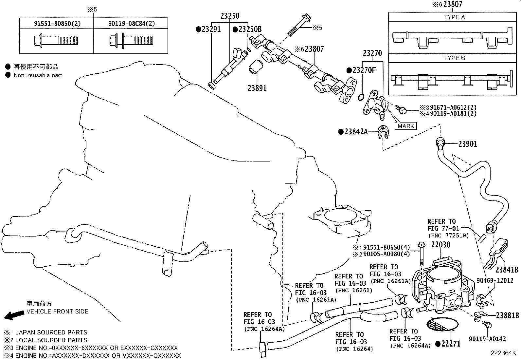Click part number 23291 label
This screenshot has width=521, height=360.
click(x=211, y=29)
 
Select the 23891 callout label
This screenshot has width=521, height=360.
click(x=257, y=88)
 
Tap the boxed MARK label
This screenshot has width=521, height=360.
click(x=406, y=126)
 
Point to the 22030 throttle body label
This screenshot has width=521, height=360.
click(x=440, y=245)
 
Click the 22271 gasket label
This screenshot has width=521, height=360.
click(x=450, y=344)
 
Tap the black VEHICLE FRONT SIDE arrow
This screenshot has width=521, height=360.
click(x=14, y=315)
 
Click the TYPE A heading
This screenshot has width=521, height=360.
click(x=454, y=17)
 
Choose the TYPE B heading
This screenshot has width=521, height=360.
click(x=454, y=58)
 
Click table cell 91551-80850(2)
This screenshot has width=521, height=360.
click(x=56, y=23)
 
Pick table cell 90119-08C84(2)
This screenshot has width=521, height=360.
click(x=131, y=23)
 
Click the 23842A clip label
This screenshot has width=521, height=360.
click(x=355, y=132)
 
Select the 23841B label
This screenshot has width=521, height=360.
click(x=507, y=270)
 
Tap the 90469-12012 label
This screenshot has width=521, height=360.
click(x=495, y=281)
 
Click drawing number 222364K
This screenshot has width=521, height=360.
click(x=503, y=353)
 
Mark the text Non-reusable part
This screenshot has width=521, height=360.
click(x=38, y=75)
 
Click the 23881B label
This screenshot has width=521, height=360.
click(x=507, y=315)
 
